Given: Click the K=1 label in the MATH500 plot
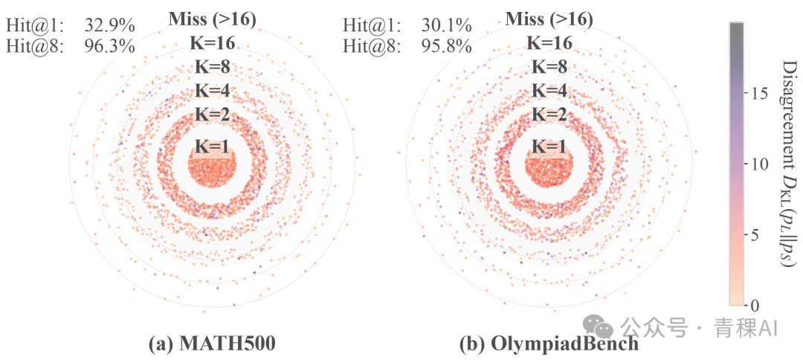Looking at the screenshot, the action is [x=212, y=147].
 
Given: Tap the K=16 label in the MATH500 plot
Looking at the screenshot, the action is [x=212, y=44].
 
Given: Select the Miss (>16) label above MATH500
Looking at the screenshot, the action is [x=212, y=19].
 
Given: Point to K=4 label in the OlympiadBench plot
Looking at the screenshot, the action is [x=549, y=91].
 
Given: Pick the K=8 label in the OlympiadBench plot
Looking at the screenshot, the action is [x=549, y=67].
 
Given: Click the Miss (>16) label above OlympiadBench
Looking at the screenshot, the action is [x=549, y=19].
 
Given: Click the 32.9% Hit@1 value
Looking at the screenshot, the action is [x=109, y=25].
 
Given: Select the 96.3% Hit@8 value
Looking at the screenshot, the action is [x=109, y=47].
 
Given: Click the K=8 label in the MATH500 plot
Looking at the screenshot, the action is [x=212, y=67].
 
